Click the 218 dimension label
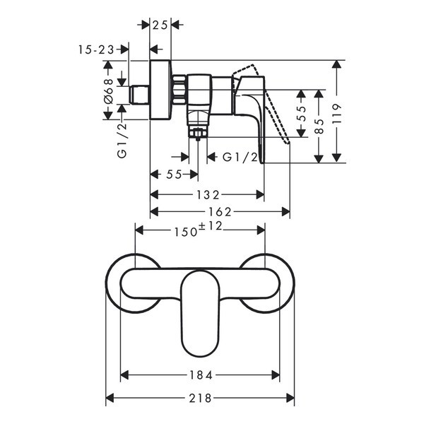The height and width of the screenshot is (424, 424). click(200, 398)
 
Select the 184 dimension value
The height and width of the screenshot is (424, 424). click(201, 375)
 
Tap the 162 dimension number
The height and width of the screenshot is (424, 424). click(220, 212)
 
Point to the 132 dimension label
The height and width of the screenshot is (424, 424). click(208, 195)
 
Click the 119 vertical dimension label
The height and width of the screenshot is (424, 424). click(337, 114)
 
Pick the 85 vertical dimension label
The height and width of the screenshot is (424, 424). click(319, 126)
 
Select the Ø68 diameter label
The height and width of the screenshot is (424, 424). click(108, 91)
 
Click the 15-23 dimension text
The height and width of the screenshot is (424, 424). click(97, 49)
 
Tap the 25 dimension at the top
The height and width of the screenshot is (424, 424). click(160, 25)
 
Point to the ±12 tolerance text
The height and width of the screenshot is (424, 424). click(211, 226)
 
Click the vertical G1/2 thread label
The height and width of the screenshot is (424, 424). click(122, 141)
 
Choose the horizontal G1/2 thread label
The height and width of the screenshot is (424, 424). click(240, 157)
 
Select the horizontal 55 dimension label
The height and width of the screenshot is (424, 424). click(174, 175)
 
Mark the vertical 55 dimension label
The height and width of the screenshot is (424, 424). click(302, 113)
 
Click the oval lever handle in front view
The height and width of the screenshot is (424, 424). click(200, 313)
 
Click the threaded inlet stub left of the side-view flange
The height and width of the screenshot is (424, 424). click(139, 95)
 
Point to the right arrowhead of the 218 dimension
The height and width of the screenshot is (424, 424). click(290, 398)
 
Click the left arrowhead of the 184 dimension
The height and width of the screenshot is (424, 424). click(124, 375)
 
